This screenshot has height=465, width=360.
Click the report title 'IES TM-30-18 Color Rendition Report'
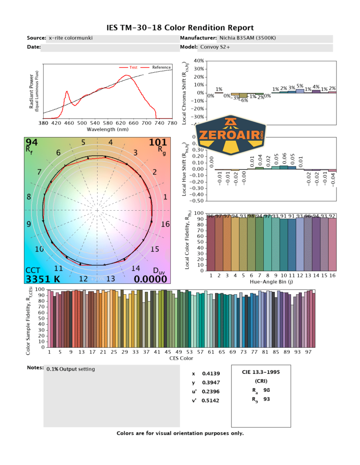pyautogui.click(x=180, y=28)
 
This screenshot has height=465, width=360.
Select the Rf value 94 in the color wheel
pyautogui.click(x=32, y=143)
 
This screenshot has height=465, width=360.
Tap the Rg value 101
pyautogui.click(x=158, y=143)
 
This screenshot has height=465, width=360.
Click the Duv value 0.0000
pyautogui.click(x=151, y=279)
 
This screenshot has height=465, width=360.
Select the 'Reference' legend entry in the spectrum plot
pyautogui.click(x=161, y=67)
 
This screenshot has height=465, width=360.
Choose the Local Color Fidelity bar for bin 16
pyautogui.click(x=332, y=244)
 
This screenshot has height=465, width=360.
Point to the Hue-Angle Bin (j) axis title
pyautogui.click(x=271, y=282)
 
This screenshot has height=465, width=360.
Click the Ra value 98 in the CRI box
pyautogui.click(x=267, y=390)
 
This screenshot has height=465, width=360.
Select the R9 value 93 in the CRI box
pyautogui.click(x=267, y=400)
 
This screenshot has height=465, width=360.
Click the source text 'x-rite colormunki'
pyautogui.click(x=70, y=38)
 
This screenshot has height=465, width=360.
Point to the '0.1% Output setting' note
pyautogui.click(x=71, y=369)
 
